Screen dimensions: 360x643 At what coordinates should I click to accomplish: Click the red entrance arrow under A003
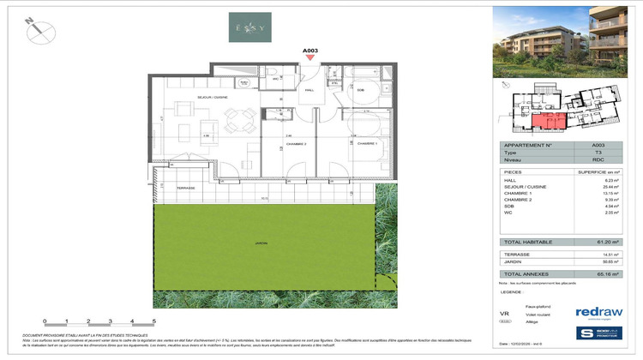click(310, 58)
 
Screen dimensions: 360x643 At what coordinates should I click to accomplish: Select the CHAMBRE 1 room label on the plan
click(366, 143)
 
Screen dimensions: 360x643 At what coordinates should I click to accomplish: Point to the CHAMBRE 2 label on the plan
click(297, 143)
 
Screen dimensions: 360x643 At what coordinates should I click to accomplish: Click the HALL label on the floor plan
click(309, 89)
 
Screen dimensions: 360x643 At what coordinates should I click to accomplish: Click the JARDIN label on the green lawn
click(260, 243)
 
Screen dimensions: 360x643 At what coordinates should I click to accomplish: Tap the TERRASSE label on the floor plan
click(186, 188)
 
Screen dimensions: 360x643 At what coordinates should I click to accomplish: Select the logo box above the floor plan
click(249, 27)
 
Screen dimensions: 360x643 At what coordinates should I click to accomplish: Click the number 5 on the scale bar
click(153, 321)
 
